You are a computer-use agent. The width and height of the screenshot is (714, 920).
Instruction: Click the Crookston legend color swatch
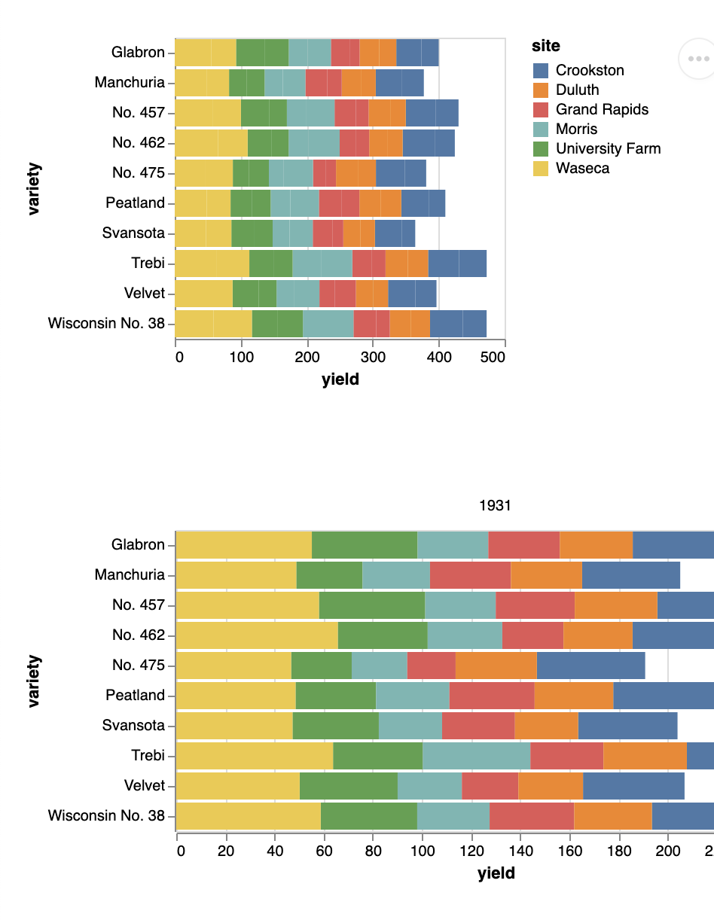[541, 71]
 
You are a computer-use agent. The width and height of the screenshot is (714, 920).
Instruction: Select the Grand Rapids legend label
[602, 110]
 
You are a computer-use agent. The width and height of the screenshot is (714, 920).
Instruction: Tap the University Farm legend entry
[608, 149]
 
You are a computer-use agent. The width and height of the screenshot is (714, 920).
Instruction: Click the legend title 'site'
[546, 46]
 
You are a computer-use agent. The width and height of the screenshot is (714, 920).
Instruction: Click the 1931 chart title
[495, 506]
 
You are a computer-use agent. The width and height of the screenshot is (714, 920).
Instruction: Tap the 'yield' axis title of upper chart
[340, 379]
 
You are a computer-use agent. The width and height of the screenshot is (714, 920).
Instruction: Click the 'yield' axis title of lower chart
[496, 873]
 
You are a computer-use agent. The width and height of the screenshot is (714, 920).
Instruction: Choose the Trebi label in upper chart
[148, 264]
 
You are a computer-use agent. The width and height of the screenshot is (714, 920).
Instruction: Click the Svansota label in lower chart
[133, 726]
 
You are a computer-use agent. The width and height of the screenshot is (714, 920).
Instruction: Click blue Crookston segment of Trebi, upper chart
[457, 264]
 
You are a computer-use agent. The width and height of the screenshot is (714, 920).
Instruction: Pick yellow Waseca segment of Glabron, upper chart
[205, 53]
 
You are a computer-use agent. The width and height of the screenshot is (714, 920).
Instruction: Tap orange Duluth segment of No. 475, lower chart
[496, 666]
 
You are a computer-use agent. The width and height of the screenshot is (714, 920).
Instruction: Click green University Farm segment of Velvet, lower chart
[348, 786]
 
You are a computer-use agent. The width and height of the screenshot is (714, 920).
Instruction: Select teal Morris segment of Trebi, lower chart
[476, 756]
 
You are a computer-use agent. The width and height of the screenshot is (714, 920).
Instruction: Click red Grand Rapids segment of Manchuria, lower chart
[470, 575]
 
